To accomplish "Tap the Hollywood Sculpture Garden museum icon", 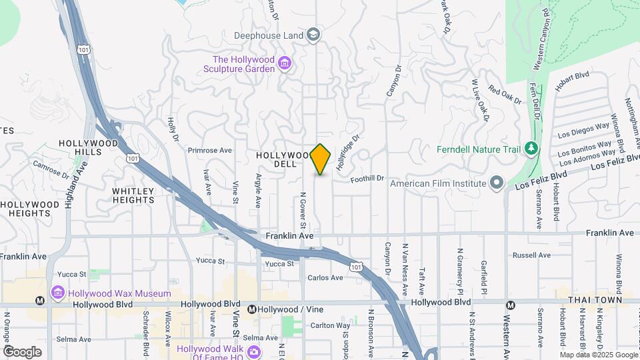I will point(285,63).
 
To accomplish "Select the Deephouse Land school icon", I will point(313,35).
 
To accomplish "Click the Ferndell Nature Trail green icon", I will point(531,148).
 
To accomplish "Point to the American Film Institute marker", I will point(496,182).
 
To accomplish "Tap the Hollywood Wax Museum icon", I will point(58,293).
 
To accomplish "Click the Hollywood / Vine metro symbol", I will point(251,309).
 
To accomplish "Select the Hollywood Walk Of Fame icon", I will point(253,351).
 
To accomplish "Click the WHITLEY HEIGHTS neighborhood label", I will point(133,195).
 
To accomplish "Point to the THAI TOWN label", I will point(595,300).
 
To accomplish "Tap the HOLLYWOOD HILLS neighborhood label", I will point(89,147).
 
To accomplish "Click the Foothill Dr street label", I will point(368,178).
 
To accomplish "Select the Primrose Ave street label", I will point(209,151).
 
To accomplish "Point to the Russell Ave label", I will point(531,255).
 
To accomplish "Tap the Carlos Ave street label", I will point(325,277).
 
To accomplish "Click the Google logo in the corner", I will point(22,351).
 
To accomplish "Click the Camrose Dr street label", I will point(51,170).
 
